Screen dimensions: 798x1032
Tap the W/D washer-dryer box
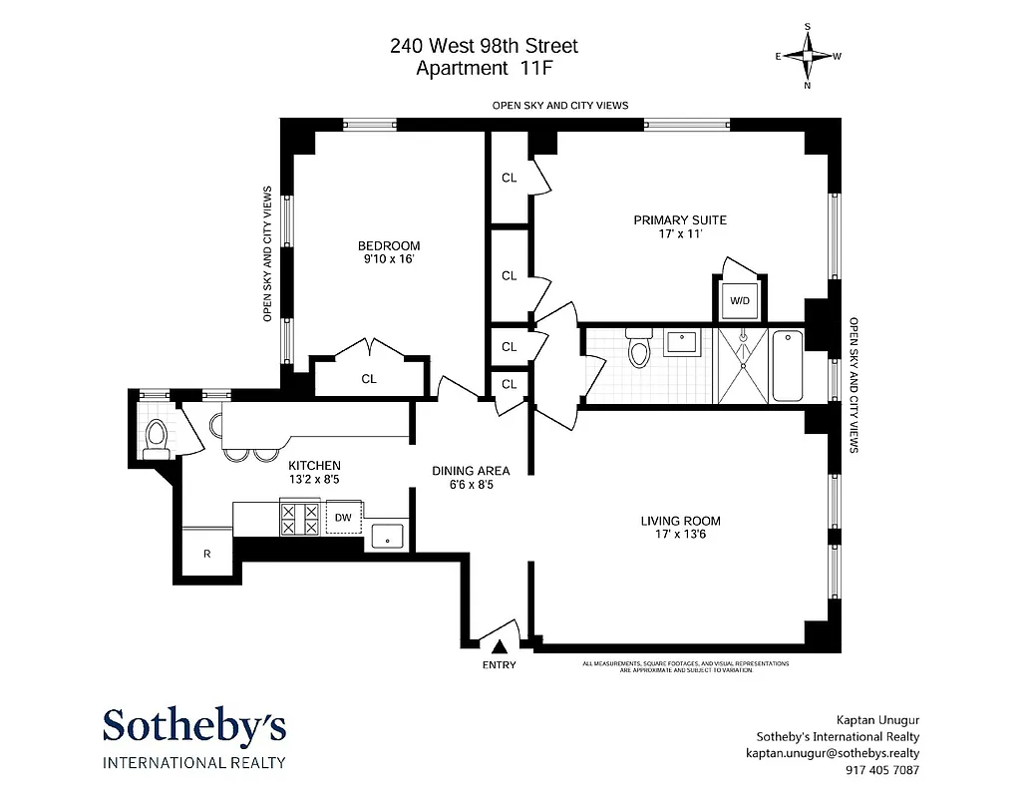(x=739, y=299)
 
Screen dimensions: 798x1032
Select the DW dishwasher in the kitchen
(x=342, y=517)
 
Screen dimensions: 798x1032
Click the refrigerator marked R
(x=207, y=553)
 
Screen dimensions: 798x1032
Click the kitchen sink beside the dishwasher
(x=386, y=536)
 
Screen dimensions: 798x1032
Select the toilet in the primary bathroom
(x=638, y=349)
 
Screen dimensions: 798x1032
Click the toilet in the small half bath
(x=155, y=437)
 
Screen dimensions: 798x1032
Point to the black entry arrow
(x=499, y=647)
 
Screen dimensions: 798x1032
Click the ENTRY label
(x=499, y=665)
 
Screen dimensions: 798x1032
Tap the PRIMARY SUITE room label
(x=680, y=219)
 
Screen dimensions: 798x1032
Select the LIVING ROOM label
(x=680, y=521)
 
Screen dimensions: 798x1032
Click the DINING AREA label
(x=471, y=471)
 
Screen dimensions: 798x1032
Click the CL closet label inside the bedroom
(x=369, y=379)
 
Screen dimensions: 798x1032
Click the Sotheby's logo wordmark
(x=194, y=726)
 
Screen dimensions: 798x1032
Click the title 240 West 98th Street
(x=484, y=46)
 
